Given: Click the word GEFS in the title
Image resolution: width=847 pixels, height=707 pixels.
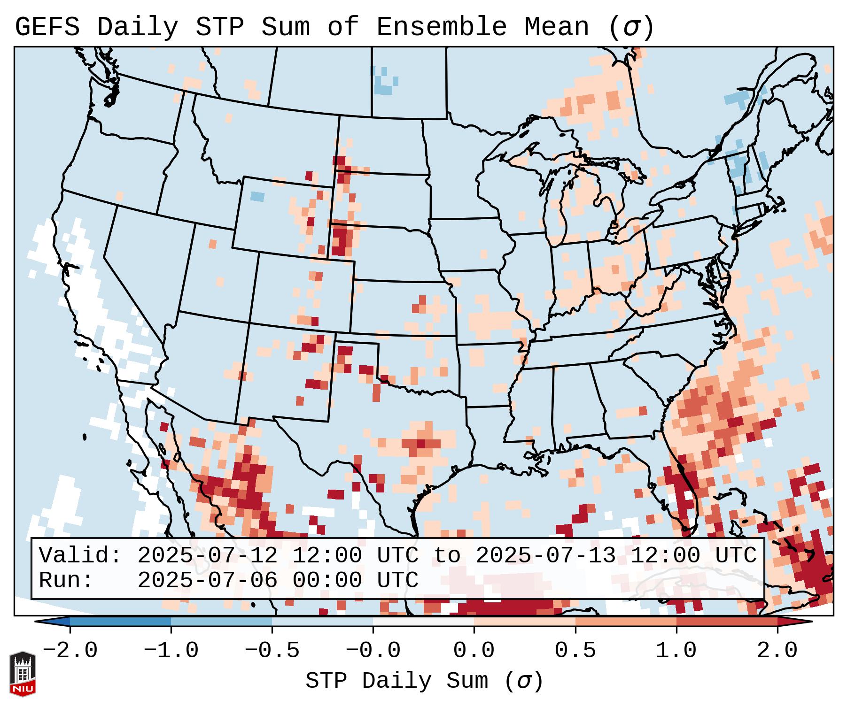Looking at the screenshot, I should point(47,27).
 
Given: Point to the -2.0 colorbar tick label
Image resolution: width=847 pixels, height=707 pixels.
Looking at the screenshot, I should point(70,651).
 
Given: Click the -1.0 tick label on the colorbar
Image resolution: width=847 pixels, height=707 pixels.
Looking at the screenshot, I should point(171,651).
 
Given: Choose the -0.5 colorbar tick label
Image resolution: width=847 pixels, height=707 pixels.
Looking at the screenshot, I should point(272,651).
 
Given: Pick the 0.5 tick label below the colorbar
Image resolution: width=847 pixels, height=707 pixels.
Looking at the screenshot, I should point(575,651).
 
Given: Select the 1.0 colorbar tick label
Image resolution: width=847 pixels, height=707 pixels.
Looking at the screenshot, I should point(676,651).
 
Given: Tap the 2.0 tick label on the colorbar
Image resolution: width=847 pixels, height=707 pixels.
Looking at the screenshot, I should point(777,651).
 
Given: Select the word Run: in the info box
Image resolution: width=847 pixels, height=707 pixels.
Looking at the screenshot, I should point(66,580).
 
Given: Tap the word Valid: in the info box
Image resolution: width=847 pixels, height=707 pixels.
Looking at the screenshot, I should point(80,556).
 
